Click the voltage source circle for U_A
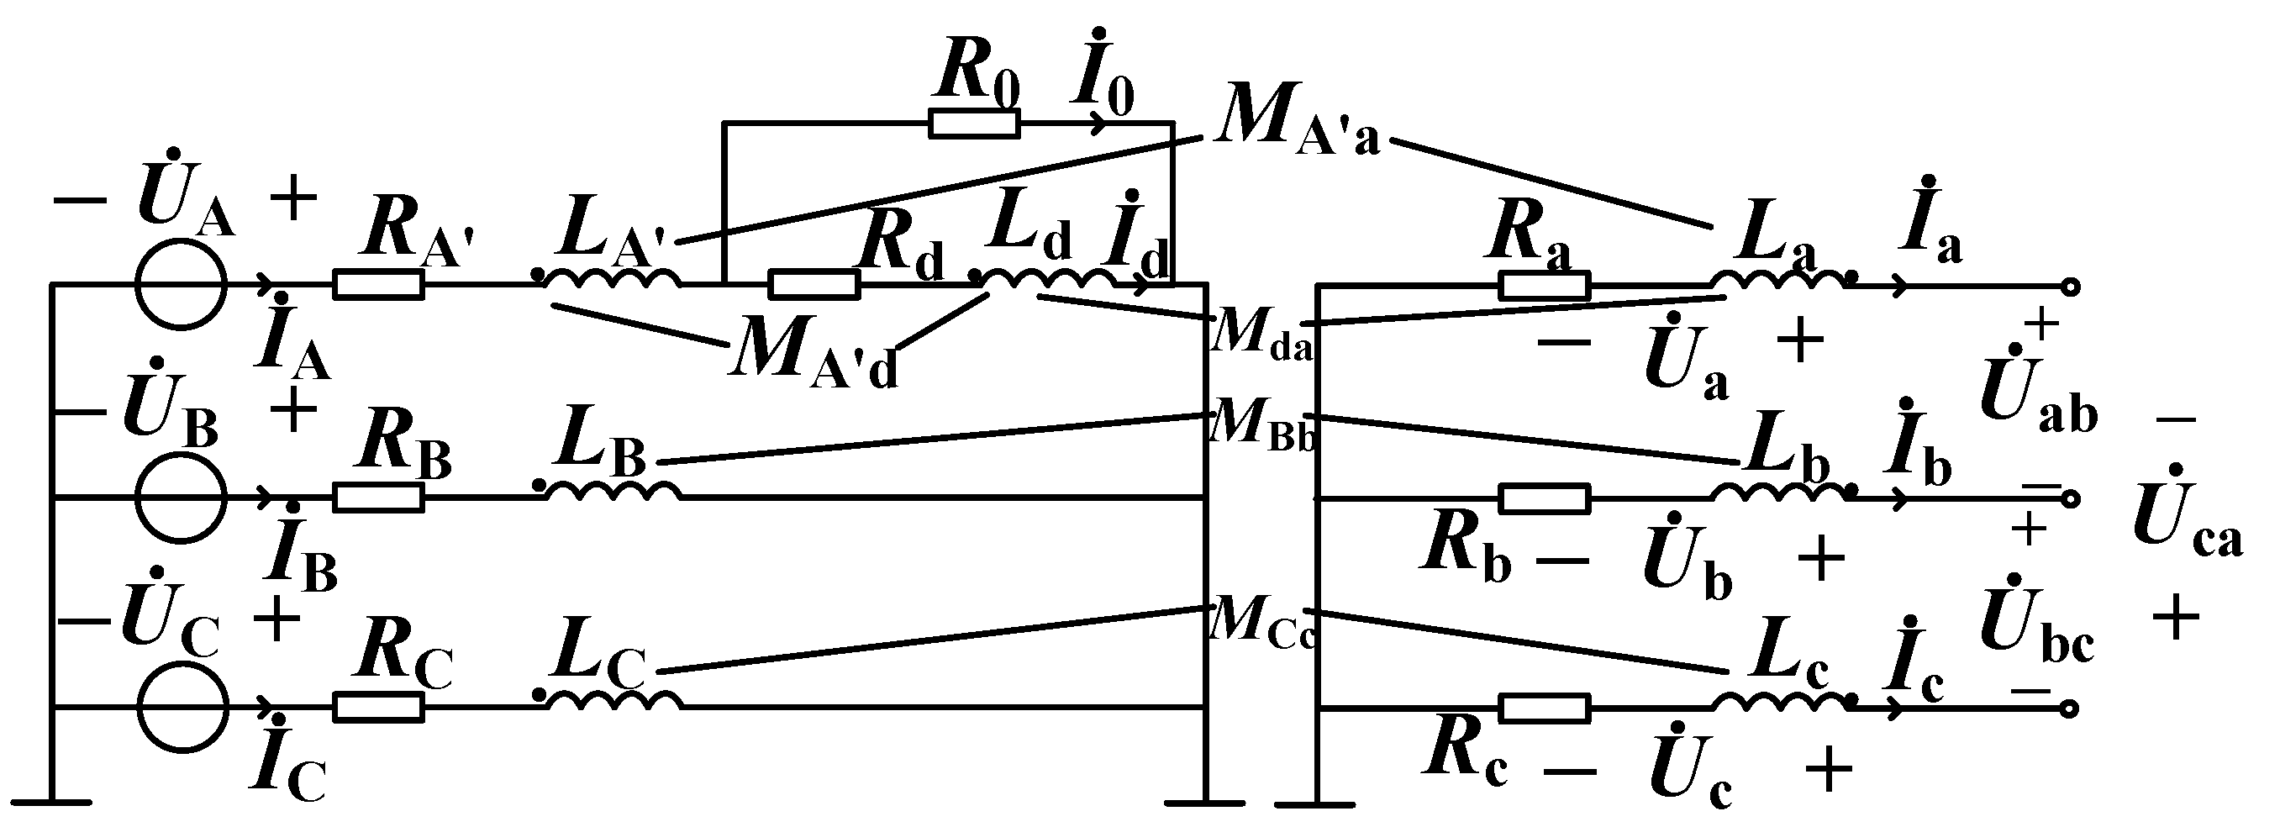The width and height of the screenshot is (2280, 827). (182, 285)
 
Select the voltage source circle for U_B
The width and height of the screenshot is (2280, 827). (182, 498)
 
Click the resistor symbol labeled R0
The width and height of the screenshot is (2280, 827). (974, 124)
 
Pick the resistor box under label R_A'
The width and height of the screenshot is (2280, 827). (378, 285)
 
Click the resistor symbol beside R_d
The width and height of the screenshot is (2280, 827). (814, 285)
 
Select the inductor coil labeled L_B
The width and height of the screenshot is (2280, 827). (613, 491)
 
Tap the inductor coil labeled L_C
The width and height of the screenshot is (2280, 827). (613, 700)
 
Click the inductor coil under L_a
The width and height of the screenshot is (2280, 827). (1779, 281)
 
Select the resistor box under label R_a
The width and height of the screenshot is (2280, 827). (1545, 286)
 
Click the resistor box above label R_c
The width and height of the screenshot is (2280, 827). (1545, 708)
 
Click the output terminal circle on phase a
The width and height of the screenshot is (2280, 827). (2070, 286)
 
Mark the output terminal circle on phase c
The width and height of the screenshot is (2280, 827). (2070, 708)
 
